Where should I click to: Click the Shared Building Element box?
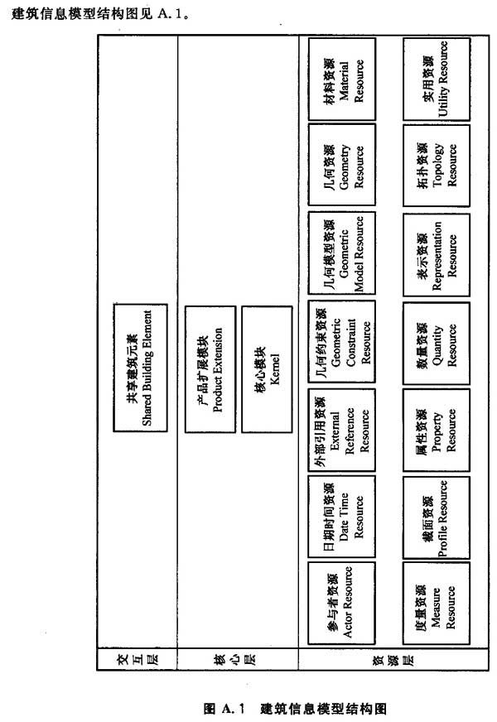click(x=141, y=368)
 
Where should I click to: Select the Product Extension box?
click(x=210, y=369)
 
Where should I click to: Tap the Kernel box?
click(x=267, y=369)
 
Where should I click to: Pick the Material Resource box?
click(x=342, y=79)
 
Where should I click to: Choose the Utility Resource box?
click(x=437, y=79)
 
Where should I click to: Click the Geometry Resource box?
click(x=342, y=165)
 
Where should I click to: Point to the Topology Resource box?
click(x=437, y=166)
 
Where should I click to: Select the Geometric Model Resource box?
click(x=342, y=253)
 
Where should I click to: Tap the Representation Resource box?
click(x=437, y=255)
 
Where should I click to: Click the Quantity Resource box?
click(x=437, y=343)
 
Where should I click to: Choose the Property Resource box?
click(x=437, y=430)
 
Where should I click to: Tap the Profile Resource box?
click(x=437, y=517)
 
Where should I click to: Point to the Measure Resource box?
click(x=437, y=603)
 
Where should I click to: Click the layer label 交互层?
click(x=138, y=659)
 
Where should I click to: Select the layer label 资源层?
click(x=393, y=660)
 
